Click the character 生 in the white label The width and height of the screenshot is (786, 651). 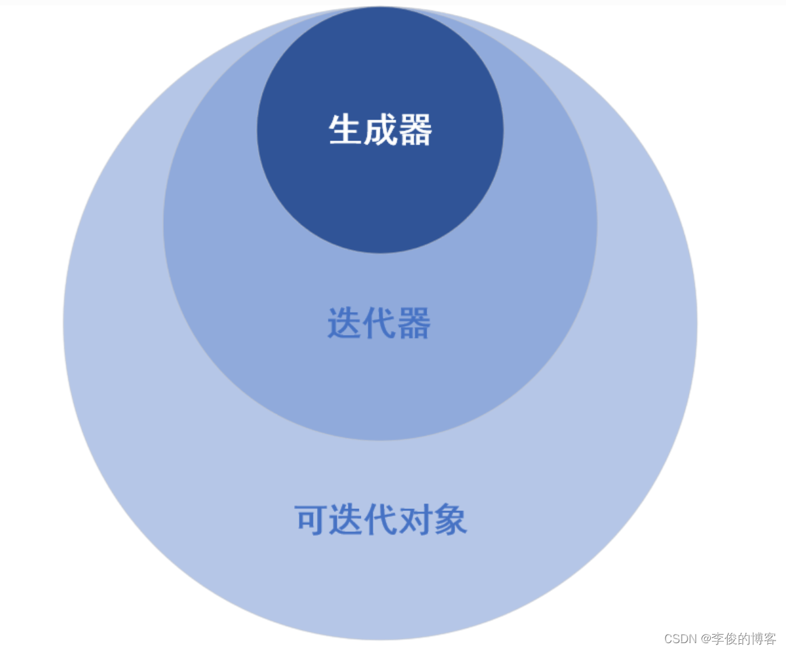click(345, 130)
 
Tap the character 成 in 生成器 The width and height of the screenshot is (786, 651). click(380, 130)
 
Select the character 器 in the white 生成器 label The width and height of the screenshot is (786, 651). click(415, 130)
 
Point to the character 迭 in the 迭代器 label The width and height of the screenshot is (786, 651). click(344, 323)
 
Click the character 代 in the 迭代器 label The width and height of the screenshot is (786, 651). click(379, 323)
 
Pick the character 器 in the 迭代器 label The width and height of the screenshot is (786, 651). click(413, 323)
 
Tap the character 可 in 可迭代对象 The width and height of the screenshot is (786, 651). click(312, 521)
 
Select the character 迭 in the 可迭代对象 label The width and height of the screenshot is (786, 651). click(346, 521)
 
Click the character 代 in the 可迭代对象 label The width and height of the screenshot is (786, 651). click(381, 521)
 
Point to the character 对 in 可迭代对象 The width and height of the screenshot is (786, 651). click(416, 521)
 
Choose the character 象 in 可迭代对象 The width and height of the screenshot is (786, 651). click(451, 521)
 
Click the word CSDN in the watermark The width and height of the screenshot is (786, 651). click(679, 639)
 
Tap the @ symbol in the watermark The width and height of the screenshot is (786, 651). click(706, 639)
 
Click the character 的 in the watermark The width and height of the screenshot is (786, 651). click(744, 639)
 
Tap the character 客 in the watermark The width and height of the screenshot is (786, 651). click(770, 639)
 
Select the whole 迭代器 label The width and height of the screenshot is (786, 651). click(379, 323)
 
